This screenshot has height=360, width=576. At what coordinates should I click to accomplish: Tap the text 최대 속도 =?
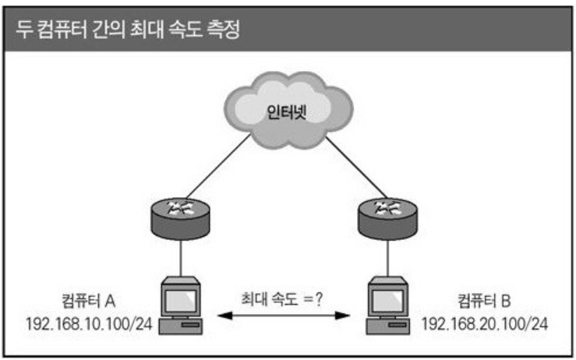283,297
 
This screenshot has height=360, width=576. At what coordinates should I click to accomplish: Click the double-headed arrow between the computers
283,316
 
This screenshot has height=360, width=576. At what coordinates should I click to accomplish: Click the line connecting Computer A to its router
181,257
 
